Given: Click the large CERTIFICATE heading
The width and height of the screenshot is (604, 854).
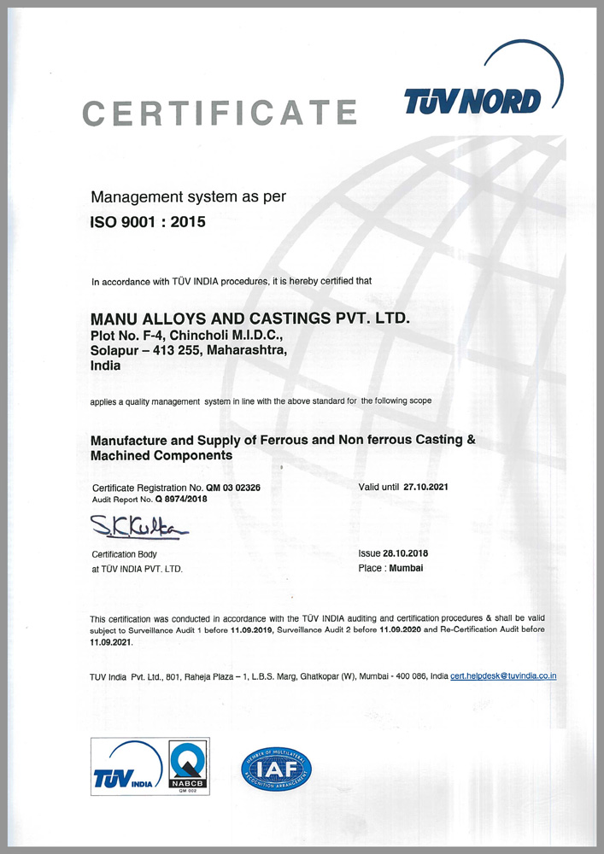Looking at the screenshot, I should tap(219, 112).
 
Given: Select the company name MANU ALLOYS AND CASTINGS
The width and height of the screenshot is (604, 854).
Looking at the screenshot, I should tap(250, 318).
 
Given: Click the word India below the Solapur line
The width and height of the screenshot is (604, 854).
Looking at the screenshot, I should tap(105, 365).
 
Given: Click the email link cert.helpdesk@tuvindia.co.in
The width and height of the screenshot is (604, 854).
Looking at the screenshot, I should tap(504, 676).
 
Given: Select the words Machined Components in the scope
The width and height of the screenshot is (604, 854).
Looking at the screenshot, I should tap(161, 456).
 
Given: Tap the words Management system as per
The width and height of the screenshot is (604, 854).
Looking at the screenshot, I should tap(188, 196).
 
